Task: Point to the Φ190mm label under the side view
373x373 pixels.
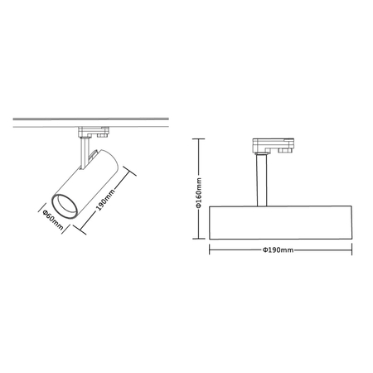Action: click(279, 249)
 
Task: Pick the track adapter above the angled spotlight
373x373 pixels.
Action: click(92, 131)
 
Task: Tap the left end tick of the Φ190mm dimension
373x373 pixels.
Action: click(211, 249)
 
